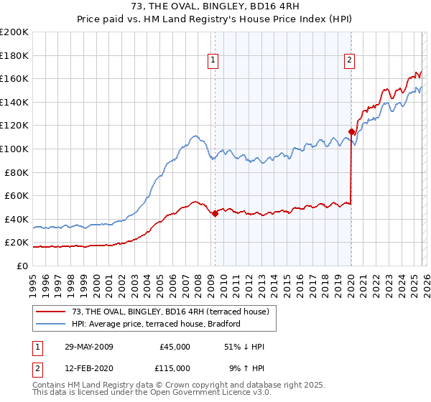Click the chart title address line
point(215,7)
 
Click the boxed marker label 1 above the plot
point(214,61)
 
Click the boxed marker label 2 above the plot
point(350,61)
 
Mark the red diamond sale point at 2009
point(215,213)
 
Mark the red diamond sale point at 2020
point(351,131)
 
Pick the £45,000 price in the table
point(175,347)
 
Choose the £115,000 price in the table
point(175,368)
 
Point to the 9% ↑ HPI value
point(246,368)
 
